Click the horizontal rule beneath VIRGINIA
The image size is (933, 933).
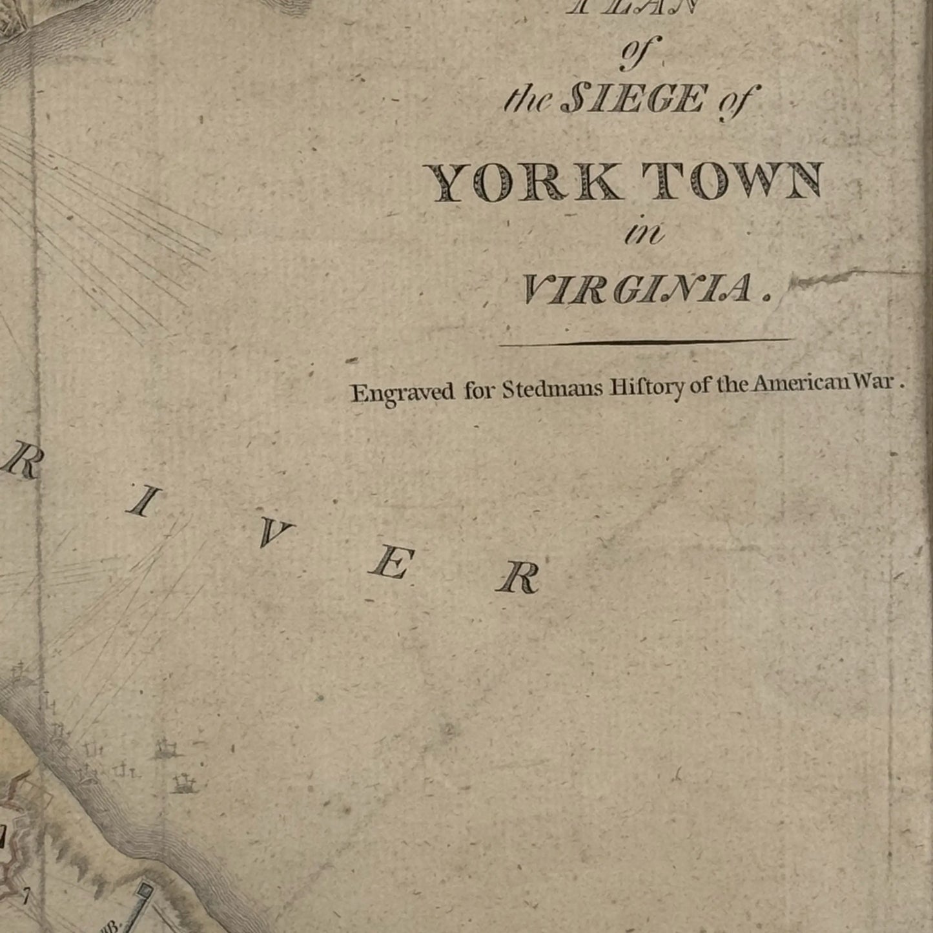[x=646, y=342]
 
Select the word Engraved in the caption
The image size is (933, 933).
[x=402, y=393]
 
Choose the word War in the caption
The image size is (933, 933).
[x=875, y=381]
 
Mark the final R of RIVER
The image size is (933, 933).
[x=518, y=578]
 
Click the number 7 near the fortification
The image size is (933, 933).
[x=26, y=896]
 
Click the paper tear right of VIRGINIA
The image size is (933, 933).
[x=839, y=278]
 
